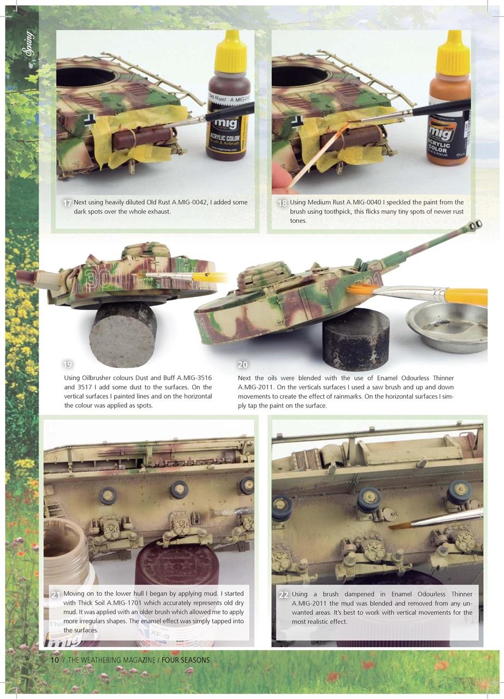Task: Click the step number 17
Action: pyautogui.click(x=67, y=203)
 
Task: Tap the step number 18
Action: pyautogui.click(x=282, y=203)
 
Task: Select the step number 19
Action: pyautogui.click(x=68, y=364)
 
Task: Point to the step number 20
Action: pyautogui.click(x=242, y=364)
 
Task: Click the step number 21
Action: pyautogui.click(x=56, y=595)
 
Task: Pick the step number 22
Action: pyautogui.click(x=283, y=595)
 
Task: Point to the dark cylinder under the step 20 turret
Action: pyautogui.click(x=355, y=339)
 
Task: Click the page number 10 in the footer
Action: pyautogui.click(x=55, y=660)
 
